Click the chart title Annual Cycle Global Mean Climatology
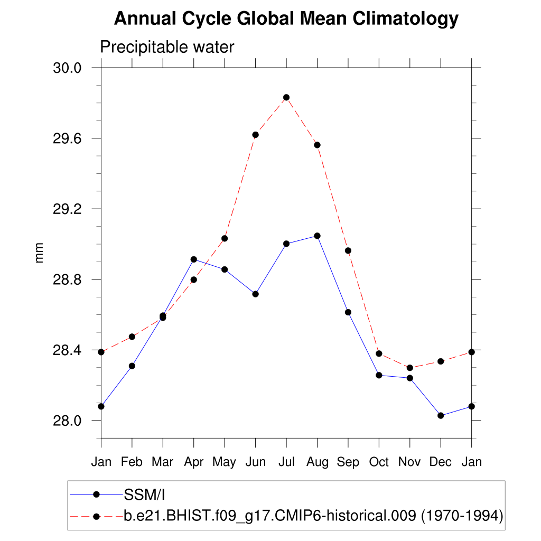286,19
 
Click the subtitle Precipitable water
167,47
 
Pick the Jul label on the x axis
286,462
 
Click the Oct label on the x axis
379,462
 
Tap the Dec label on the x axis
441,462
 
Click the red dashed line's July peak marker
286,97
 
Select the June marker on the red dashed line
255,135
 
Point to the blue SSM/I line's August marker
317,236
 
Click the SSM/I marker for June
255,294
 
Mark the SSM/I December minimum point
441,416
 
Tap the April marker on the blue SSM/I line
194,259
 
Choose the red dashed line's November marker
409,368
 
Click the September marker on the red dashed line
348,250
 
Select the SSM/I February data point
132,366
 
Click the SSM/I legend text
145,495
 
